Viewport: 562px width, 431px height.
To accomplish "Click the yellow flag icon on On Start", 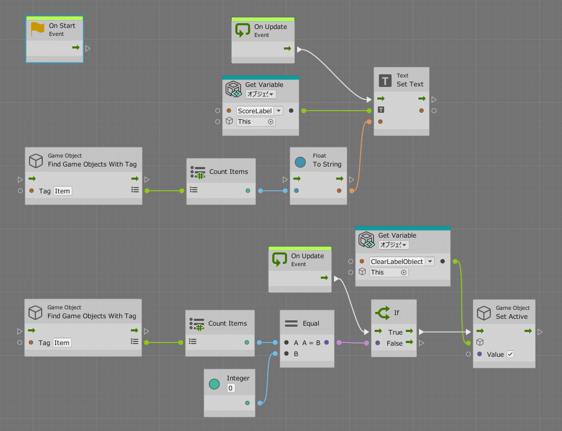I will tap(37, 29).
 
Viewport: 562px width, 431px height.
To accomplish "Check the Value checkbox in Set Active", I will tap(510, 354).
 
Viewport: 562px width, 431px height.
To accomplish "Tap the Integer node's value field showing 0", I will tap(231, 388).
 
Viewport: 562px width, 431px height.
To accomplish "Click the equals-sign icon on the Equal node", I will tap(291, 324).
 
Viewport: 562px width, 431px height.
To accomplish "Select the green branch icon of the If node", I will tap(383, 313).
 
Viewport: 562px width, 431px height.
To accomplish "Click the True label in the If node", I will tap(395, 332).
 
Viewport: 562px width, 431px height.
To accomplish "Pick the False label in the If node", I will tap(395, 343).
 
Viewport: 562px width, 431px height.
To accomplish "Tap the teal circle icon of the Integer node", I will tap(214, 384).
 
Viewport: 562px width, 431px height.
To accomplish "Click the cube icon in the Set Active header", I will tap(484, 312).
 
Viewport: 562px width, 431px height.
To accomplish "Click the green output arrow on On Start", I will tap(76, 48).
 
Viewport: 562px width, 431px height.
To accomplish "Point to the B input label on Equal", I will tap(296, 354).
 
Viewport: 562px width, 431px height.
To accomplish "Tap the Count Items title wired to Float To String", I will tap(228, 171).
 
